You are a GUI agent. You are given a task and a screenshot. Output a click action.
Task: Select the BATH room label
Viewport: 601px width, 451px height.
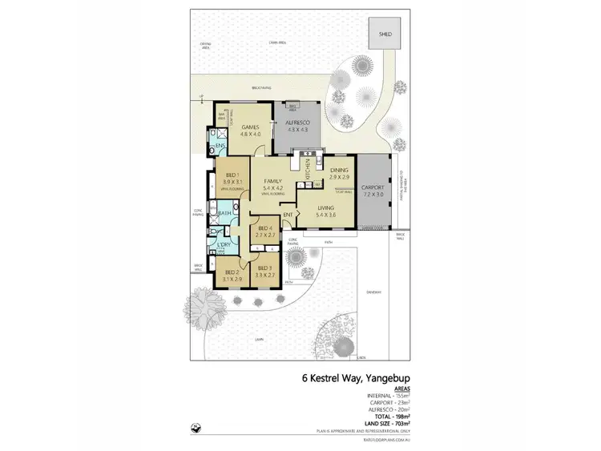coord(224,214)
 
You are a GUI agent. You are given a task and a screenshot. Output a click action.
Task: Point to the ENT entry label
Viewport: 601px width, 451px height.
coord(286,214)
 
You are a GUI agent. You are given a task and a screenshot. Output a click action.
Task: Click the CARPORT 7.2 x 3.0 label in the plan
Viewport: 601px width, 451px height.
coord(373,191)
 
